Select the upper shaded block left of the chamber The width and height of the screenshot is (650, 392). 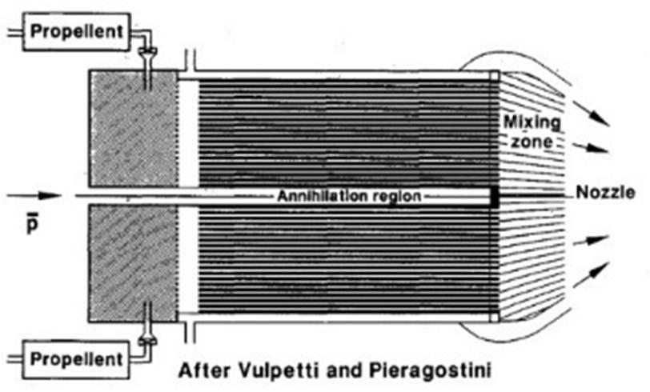pyautogui.click(x=134, y=127)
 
